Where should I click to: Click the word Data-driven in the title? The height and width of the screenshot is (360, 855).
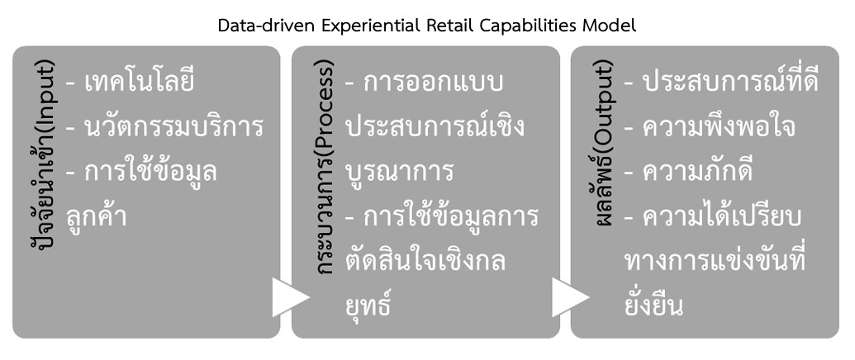[259, 26]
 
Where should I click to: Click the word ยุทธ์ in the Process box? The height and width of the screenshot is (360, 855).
[368, 305]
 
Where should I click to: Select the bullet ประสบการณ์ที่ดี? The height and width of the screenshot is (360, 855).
[721, 83]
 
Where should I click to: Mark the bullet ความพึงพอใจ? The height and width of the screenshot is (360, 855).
[708, 128]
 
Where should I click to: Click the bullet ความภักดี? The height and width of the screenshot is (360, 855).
[695, 173]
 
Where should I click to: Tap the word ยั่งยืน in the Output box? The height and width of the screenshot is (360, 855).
[654, 305]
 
